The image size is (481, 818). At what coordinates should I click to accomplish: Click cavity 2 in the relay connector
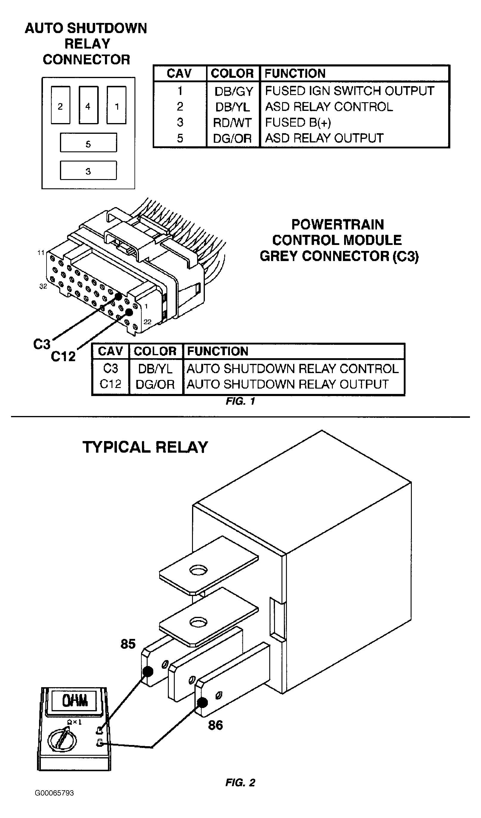(x=61, y=105)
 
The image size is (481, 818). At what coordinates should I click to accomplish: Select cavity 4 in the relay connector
(x=88, y=105)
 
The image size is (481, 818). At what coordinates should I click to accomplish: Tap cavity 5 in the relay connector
(x=88, y=142)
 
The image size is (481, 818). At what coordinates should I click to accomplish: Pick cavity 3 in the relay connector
(x=88, y=170)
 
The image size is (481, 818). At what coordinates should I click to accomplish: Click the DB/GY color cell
(x=233, y=91)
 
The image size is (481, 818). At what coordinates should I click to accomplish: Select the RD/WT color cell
(x=232, y=123)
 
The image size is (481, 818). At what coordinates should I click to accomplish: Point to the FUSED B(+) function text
(x=298, y=122)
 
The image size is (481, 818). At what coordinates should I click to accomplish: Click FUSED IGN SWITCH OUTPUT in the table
(x=349, y=91)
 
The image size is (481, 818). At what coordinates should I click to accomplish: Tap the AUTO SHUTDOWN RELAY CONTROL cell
(x=292, y=369)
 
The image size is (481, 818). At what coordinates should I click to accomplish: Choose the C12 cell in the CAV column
(x=110, y=384)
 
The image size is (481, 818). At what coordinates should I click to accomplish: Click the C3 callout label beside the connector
(x=41, y=344)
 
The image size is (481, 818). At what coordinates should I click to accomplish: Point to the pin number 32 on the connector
(x=43, y=286)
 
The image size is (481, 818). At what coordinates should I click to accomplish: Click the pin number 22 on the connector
(x=147, y=322)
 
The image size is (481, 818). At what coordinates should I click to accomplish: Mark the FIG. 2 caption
(x=240, y=783)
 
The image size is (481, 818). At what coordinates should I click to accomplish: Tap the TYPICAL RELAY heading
(x=145, y=447)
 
